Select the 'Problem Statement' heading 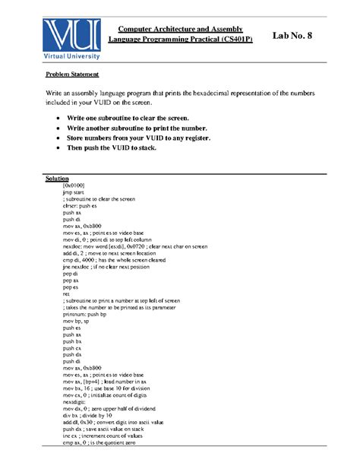pos(72,75)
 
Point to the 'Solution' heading pos(57,179)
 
